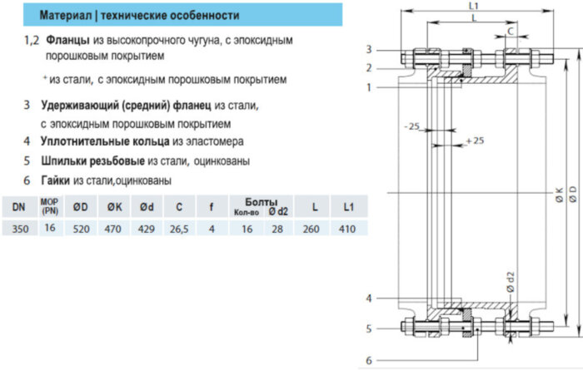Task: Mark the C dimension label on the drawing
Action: (x=510, y=32)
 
